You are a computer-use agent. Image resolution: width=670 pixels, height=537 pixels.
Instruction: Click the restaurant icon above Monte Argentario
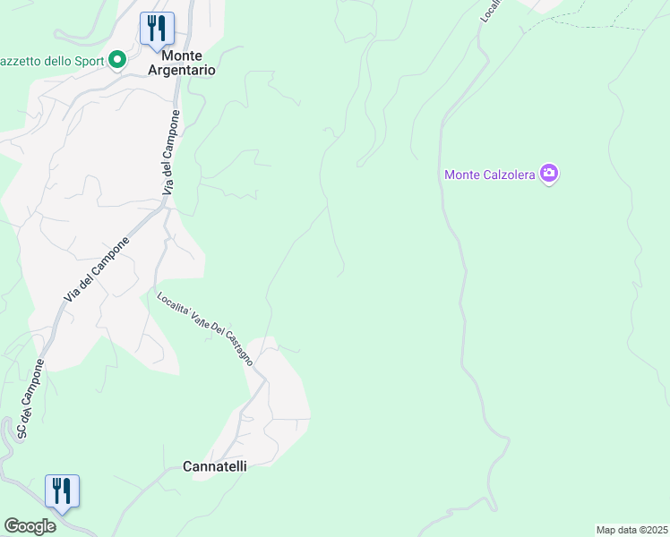coord(157,27)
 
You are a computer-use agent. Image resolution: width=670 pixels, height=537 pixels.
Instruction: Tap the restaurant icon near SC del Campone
coord(62,490)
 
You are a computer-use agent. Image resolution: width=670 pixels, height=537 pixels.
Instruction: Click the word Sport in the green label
coord(88,61)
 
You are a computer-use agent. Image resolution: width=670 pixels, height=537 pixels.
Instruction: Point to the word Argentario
coord(188,69)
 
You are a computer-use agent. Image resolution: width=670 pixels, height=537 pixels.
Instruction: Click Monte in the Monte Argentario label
coord(188,54)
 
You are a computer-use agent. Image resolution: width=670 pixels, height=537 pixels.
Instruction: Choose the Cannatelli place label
coord(215,466)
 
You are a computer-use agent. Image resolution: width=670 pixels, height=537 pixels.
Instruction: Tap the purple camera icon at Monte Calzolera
coord(549,174)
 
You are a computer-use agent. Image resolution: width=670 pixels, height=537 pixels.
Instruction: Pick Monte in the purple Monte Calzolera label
coord(463,175)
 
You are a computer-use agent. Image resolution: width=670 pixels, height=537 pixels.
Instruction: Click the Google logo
coord(30,526)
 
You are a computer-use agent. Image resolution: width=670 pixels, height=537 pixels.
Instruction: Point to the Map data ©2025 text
coord(631,530)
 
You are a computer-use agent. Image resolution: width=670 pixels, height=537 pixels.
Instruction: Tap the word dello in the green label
coord(48,61)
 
